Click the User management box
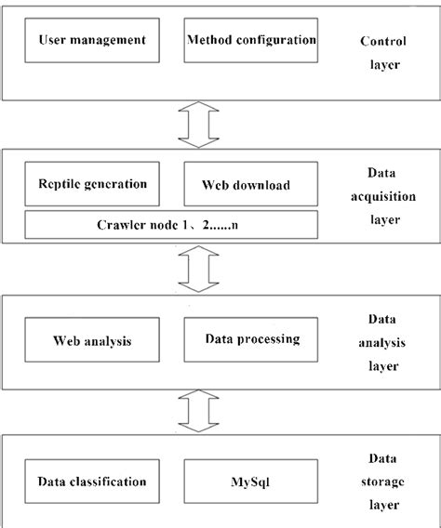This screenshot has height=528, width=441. click(x=92, y=41)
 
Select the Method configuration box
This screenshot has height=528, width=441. click(x=251, y=41)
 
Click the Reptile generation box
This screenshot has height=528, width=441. click(x=92, y=184)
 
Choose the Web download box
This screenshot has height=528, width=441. click(x=247, y=184)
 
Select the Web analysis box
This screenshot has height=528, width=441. click(x=92, y=340)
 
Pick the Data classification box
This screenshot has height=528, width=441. click(x=92, y=482)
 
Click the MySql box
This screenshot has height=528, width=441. click(x=252, y=482)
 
